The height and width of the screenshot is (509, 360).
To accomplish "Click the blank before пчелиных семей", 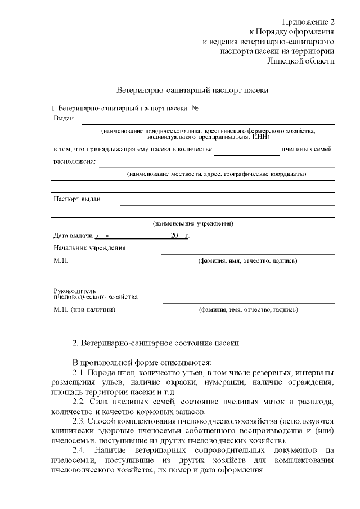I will [246, 150].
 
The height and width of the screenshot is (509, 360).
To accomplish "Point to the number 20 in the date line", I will [174, 236].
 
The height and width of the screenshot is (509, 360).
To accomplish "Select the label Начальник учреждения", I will [89, 247].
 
